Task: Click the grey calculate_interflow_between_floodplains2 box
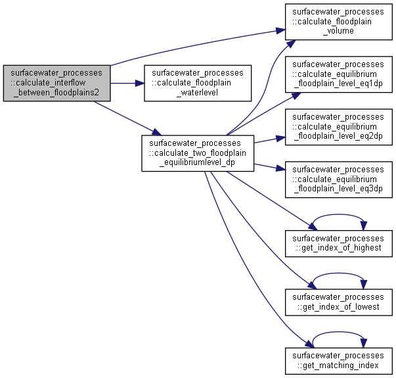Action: (57, 83)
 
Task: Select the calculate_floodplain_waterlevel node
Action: (198, 83)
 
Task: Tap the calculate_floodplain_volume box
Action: (339, 22)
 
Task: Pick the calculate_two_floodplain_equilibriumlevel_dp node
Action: (198, 153)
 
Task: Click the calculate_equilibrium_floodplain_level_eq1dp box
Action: (339, 74)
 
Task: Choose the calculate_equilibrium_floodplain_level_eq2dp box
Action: (339, 127)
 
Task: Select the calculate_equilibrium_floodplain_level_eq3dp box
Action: (339, 179)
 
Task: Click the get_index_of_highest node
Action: (339, 243)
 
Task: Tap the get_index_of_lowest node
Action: (339, 302)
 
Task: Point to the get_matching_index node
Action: (339, 361)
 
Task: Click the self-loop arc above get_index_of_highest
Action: (338, 215)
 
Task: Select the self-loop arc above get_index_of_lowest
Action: (338, 273)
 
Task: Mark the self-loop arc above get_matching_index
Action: (338, 332)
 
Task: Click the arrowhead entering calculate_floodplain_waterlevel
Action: (140, 83)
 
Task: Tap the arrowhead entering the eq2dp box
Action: (280, 138)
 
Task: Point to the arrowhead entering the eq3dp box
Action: (280, 168)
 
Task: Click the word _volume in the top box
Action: (338, 31)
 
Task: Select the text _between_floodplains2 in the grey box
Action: (56, 93)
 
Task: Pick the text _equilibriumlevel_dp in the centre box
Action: (198, 162)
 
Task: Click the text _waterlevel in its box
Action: (198, 93)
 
